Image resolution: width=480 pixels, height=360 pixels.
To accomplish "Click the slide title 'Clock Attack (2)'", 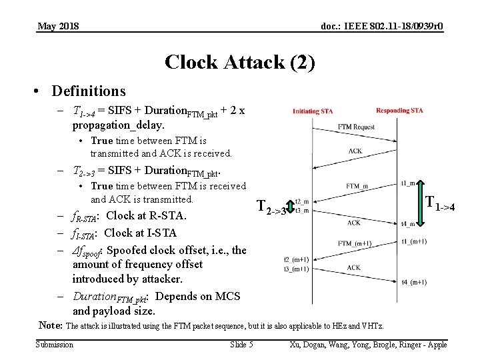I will pyautogui.click(x=239, y=62).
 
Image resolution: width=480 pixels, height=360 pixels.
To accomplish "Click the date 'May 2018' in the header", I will pyautogui.click(x=58, y=26).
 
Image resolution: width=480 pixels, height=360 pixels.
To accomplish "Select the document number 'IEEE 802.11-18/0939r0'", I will pyautogui.click(x=393, y=26).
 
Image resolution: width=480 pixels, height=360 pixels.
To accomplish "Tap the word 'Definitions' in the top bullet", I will pyautogui.click(x=88, y=90).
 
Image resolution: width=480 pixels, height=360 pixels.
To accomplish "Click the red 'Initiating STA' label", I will pyautogui.click(x=313, y=111).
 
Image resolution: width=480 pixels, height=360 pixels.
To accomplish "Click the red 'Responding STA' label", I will pyautogui.click(x=399, y=111).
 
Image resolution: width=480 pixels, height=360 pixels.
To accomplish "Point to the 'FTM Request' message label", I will pyautogui.click(x=356, y=127).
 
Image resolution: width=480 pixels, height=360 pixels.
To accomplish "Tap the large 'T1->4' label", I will pyautogui.click(x=440, y=203).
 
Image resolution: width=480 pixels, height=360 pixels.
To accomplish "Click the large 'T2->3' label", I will pyautogui.click(x=271, y=208).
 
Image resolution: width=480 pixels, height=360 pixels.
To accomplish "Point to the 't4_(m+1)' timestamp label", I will pyautogui.click(x=414, y=283).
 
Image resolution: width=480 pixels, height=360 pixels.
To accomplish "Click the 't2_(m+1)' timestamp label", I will pyautogui.click(x=296, y=260).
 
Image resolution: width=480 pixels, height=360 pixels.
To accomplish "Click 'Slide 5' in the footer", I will pyautogui.click(x=241, y=344).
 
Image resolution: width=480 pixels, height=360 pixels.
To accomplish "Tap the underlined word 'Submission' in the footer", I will pyautogui.click(x=55, y=344).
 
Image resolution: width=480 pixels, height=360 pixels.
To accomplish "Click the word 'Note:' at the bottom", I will pyautogui.click(x=51, y=325).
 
